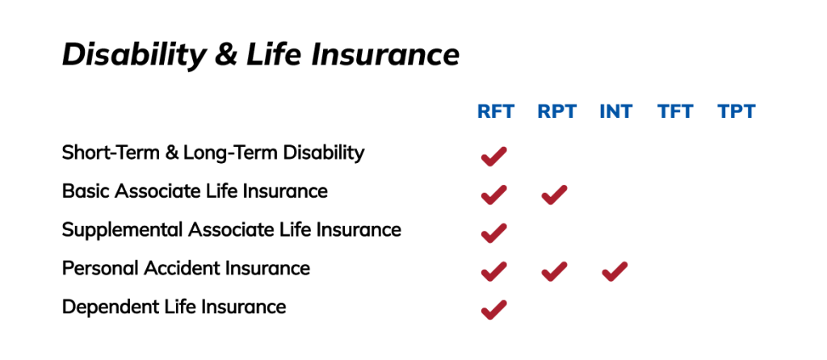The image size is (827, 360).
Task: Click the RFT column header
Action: pos(495,111)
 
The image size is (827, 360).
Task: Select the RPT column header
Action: pos(557,111)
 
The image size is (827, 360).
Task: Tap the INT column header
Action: pos(615,111)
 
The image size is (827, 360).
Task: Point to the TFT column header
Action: pos(676,111)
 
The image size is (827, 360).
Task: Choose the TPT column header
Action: pos(737,111)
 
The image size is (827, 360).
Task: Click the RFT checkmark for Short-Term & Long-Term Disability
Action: pos(493,157)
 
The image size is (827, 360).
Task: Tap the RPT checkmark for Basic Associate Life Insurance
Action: pos(554,195)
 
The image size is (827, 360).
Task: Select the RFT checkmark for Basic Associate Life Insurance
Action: pos(493,195)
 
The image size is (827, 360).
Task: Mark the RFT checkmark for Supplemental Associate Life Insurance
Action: pos(493,233)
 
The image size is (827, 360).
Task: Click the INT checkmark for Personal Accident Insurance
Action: pos(615,271)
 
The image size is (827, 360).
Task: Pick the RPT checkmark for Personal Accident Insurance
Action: pos(554,271)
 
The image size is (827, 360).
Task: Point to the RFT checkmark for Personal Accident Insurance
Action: pos(493,271)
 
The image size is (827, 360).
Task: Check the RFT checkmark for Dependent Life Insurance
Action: pos(493,310)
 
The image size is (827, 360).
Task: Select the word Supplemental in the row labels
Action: pos(123,230)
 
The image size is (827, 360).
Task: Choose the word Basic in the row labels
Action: pos(86,190)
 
